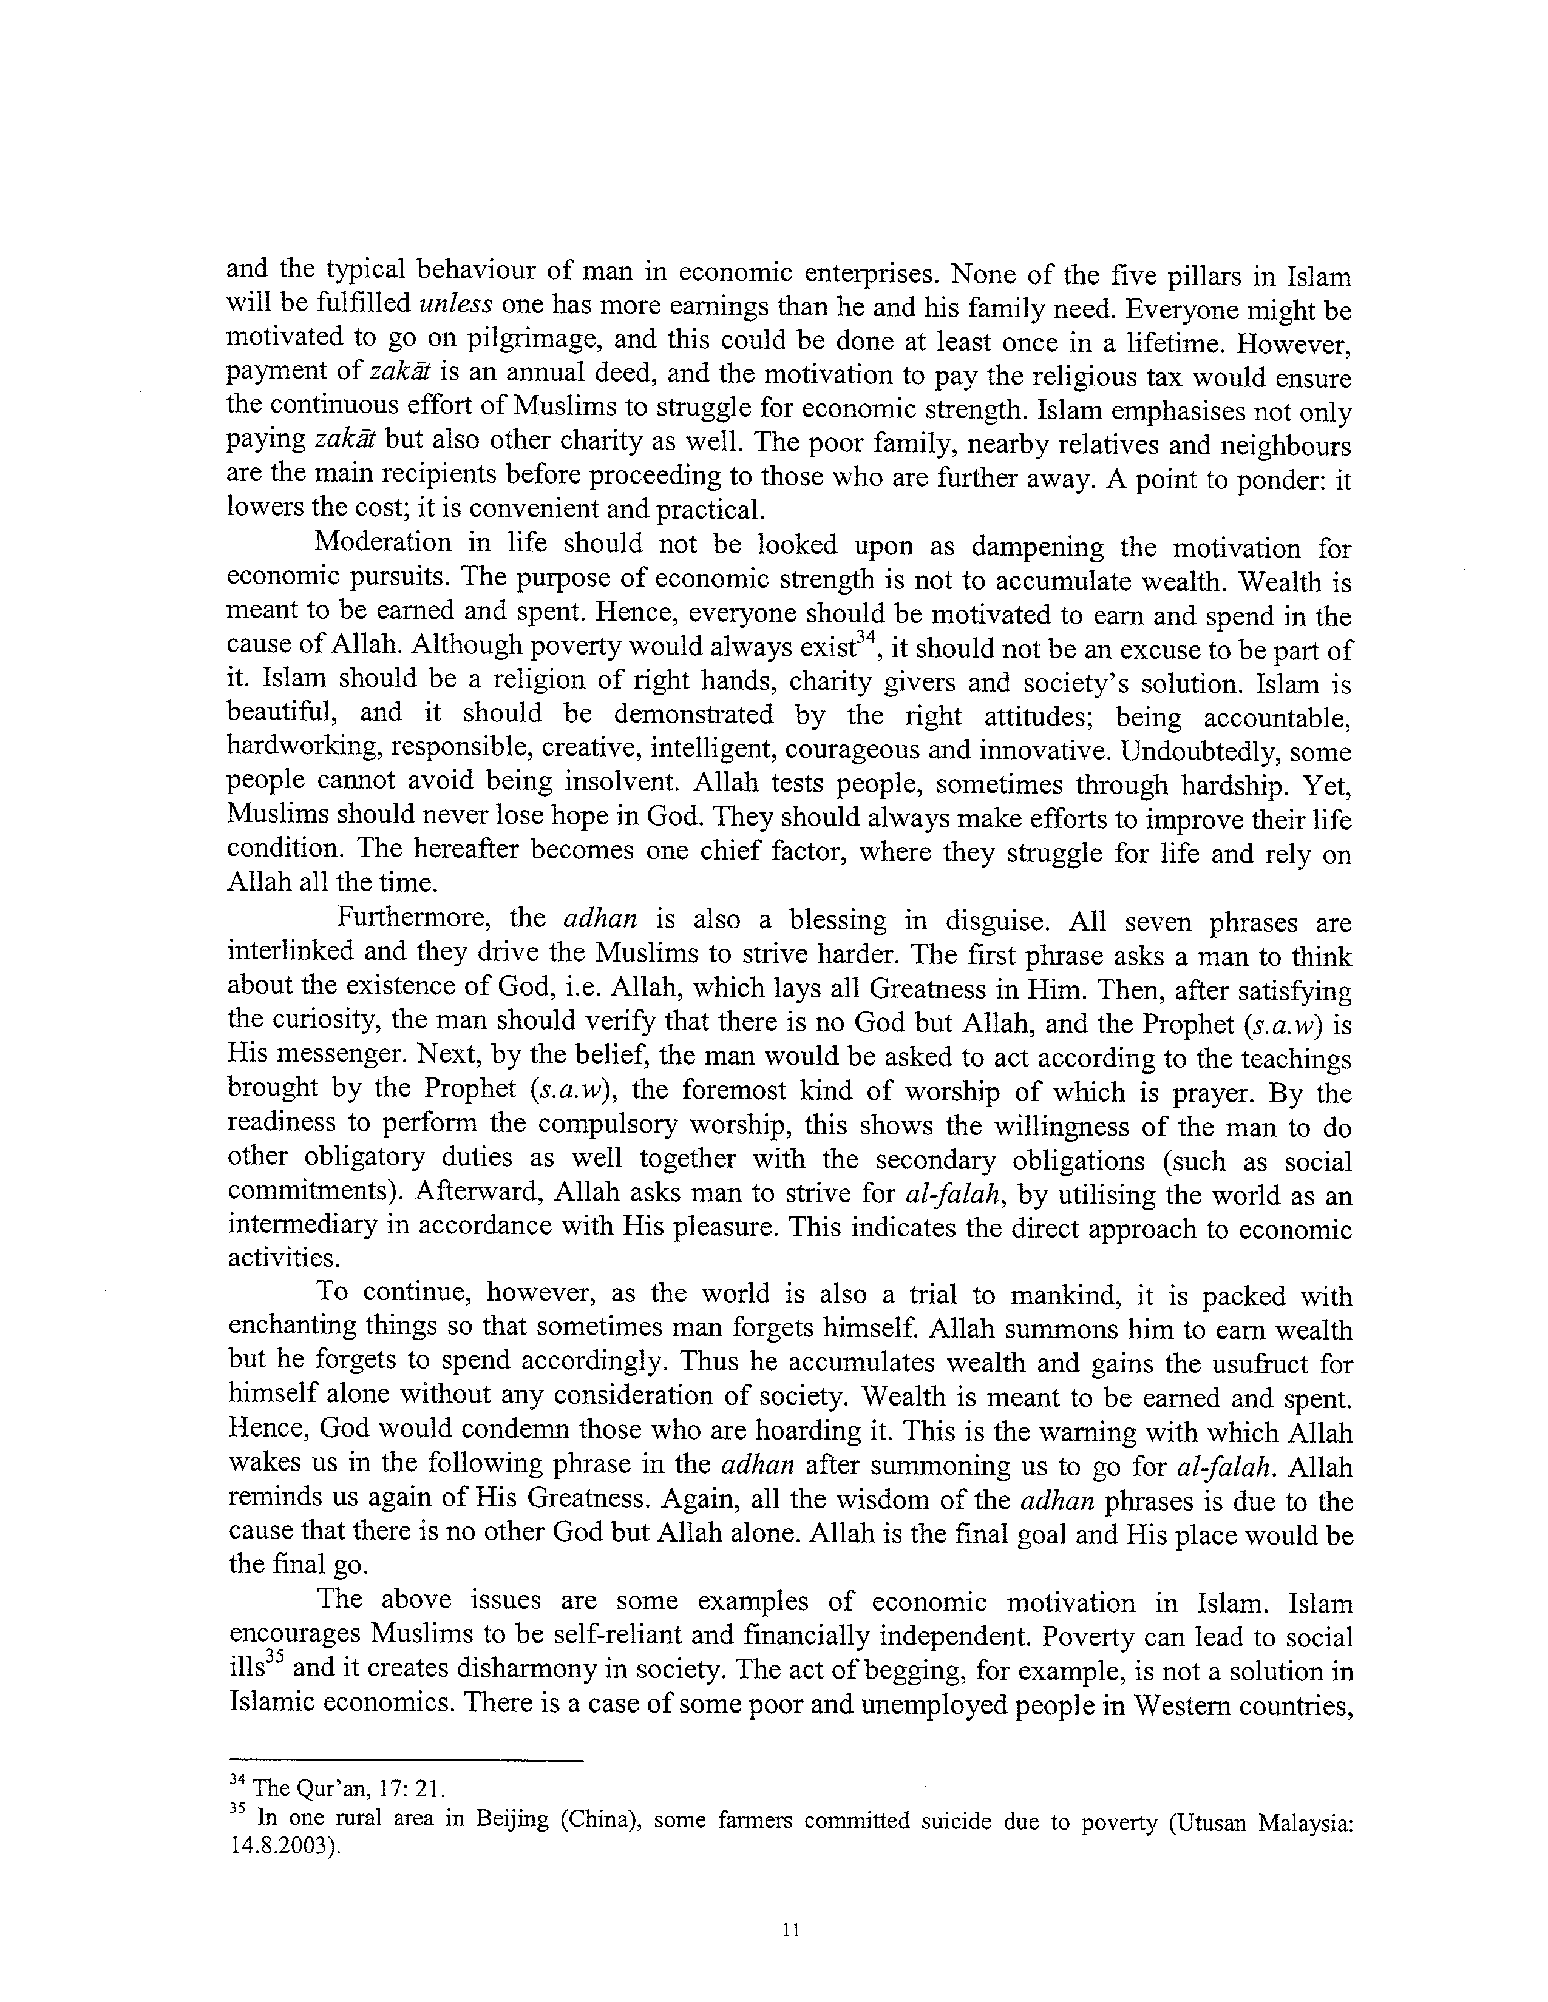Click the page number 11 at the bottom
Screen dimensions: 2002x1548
point(792,1930)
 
